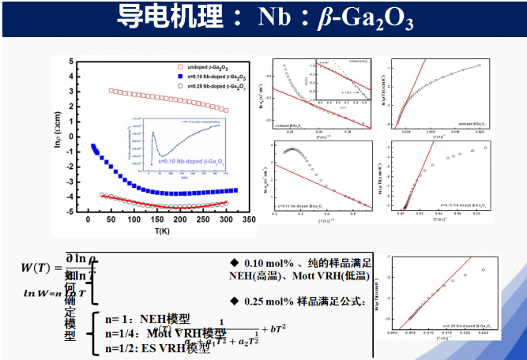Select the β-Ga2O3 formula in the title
tap(371, 18)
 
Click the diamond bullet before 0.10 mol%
tap(234, 262)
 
